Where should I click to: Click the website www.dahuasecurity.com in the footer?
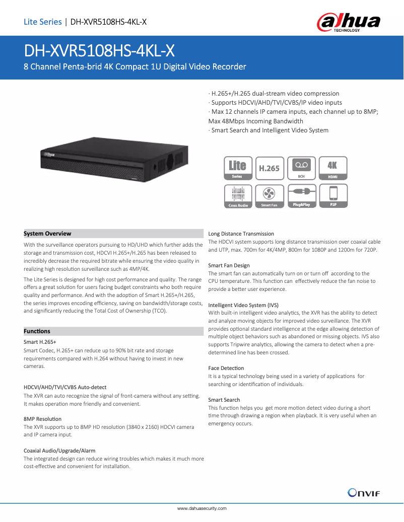[201, 508]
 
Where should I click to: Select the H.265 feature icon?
[269, 168]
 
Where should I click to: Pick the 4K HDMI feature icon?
[333, 168]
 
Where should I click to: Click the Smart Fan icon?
[269, 196]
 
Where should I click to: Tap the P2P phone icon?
[333, 196]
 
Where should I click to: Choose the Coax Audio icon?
[238, 196]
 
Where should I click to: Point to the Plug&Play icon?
[301, 196]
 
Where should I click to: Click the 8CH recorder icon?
[301, 168]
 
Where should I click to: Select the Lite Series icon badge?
[238, 168]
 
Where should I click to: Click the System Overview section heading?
[48, 234]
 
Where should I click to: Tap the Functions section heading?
[37, 331]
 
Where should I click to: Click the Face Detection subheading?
[226, 368]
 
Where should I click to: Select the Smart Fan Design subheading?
[229, 265]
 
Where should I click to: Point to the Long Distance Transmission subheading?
[241, 234]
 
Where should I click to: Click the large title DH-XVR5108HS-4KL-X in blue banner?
[99, 50]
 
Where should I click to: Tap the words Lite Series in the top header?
[42, 22]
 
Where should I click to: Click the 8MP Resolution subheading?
[43, 419]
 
